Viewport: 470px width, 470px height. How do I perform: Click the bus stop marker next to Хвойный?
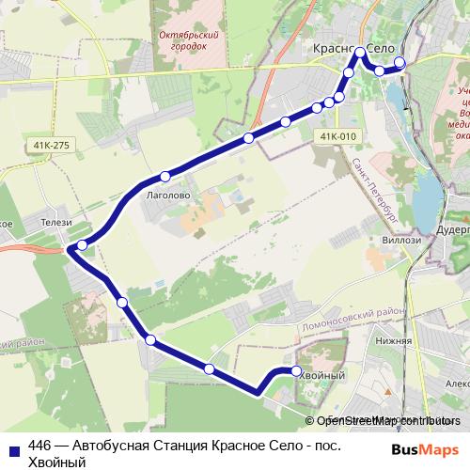(x=297, y=371)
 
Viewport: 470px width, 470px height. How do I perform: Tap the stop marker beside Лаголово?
(x=164, y=176)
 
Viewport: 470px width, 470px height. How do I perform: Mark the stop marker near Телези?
(x=83, y=244)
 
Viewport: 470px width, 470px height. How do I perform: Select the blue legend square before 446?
(x=14, y=447)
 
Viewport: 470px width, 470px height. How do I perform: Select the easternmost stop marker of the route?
(x=400, y=63)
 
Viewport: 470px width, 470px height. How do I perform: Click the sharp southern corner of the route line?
(x=257, y=392)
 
